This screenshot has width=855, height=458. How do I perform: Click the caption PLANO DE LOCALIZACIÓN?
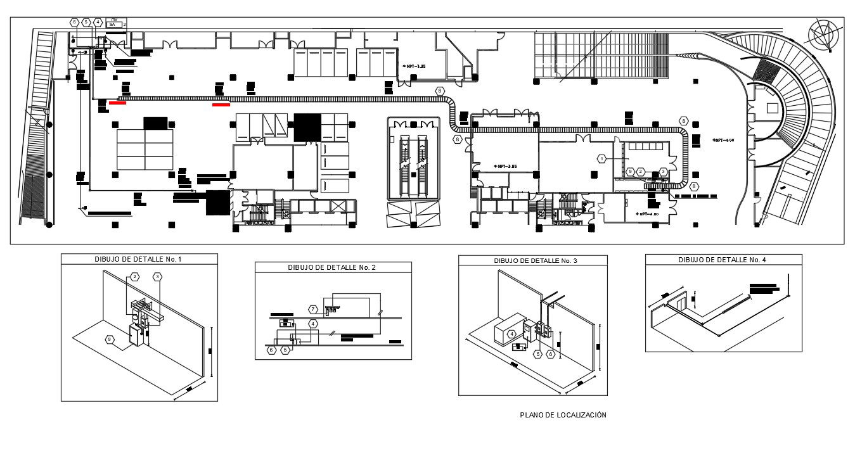point(563,415)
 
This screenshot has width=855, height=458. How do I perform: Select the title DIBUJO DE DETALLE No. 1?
point(139,259)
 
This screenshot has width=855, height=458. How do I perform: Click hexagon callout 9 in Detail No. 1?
point(110,340)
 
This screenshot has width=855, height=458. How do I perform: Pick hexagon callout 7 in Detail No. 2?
point(313,309)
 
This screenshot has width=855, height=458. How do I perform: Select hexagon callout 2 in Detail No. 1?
point(134,277)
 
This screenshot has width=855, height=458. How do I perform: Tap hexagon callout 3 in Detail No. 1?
point(158,277)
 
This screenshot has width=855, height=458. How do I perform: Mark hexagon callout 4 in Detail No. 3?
point(511,333)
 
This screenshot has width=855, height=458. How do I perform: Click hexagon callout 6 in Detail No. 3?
point(551,355)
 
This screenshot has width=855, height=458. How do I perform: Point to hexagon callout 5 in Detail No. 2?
point(285,349)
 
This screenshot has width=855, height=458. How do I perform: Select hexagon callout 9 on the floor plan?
point(630,172)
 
